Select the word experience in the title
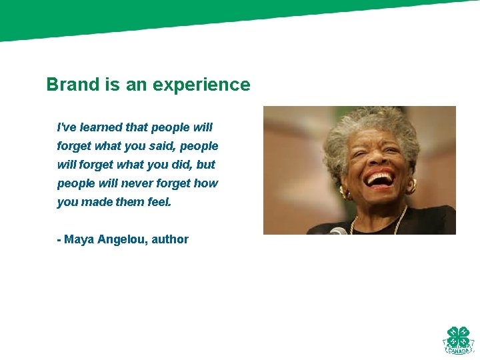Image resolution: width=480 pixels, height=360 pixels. pyautogui.click(x=201, y=85)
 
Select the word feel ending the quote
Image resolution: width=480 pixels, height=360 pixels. pyautogui.click(x=159, y=201)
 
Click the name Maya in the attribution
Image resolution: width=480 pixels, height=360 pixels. pyautogui.click(x=79, y=239)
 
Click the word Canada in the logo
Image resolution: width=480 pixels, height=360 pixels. pyautogui.click(x=458, y=351)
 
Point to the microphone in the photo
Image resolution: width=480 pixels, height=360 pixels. pyautogui.click(x=337, y=231)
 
